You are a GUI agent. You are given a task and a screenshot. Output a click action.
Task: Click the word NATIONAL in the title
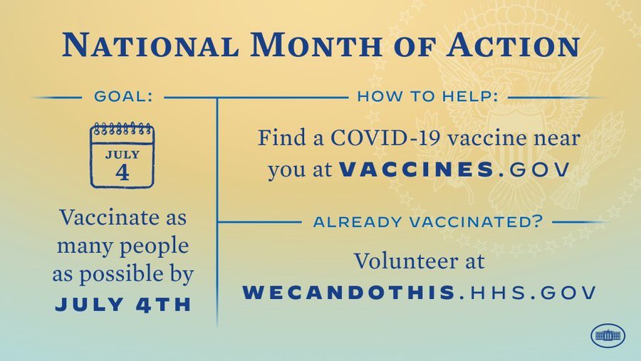point(150,45)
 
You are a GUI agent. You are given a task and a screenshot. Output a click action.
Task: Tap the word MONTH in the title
point(316,45)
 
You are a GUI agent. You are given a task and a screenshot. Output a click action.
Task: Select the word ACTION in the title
point(513,45)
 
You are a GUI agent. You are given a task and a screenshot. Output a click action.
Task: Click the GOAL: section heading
point(123,97)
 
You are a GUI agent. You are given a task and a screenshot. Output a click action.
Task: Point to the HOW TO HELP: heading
point(427,97)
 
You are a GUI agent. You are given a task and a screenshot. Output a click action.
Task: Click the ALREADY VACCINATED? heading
point(427,222)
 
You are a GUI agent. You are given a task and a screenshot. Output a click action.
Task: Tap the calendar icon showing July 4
point(123,155)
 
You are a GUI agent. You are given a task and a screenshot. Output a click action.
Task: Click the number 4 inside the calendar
point(123,172)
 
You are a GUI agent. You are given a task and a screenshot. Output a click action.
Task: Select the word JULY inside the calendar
point(123,155)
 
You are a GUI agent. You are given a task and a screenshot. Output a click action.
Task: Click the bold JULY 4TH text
point(123,305)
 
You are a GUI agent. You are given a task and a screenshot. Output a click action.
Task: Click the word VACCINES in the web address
point(417,169)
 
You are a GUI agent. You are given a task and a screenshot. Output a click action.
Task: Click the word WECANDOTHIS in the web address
point(349,293)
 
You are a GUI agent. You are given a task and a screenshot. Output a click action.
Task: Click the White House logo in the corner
point(608,335)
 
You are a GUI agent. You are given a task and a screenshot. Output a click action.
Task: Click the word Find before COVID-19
point(281,137)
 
